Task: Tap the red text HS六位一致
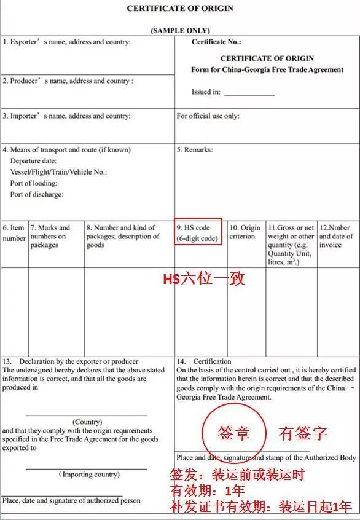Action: (x=203, y=279)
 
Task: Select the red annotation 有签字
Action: (x=303, y=433)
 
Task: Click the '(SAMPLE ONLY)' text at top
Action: (x=180, y=30)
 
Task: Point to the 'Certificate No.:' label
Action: (x=216, y=42)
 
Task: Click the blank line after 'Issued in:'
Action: (x=249, y=93)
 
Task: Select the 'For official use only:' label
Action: (x=208, y=116)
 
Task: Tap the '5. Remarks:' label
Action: (x=195, y=150)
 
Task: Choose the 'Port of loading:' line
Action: (x=34, y=183)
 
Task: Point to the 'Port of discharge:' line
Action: (x=37, y=195)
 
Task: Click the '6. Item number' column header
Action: (x=14, y=233)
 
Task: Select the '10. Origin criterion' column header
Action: (x=245, y=232)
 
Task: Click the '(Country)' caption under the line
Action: (x=87, y=422)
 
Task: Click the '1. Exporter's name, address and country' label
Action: (x=66, y=42)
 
